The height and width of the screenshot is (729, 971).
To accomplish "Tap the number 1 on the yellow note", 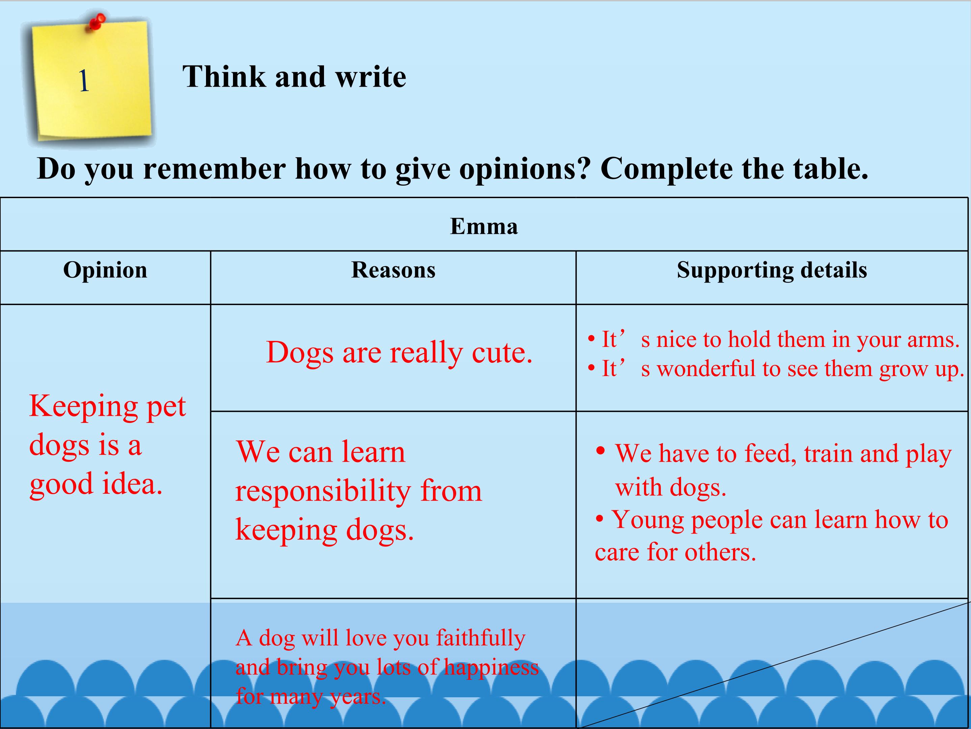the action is tap(84, 81).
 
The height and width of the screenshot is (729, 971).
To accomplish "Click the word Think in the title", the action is tap(224, 77).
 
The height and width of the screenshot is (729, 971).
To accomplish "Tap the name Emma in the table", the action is tap(484, 226).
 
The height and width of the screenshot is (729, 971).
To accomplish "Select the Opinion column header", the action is tap(105, 270).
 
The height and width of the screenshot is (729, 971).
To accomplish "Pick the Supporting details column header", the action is tap(772, 270).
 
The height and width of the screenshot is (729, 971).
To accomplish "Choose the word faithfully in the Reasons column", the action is tap(481, 639).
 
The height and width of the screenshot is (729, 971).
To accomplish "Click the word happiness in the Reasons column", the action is tap(491, 668).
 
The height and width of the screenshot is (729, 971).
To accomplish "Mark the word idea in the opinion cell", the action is tap(133, 483).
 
